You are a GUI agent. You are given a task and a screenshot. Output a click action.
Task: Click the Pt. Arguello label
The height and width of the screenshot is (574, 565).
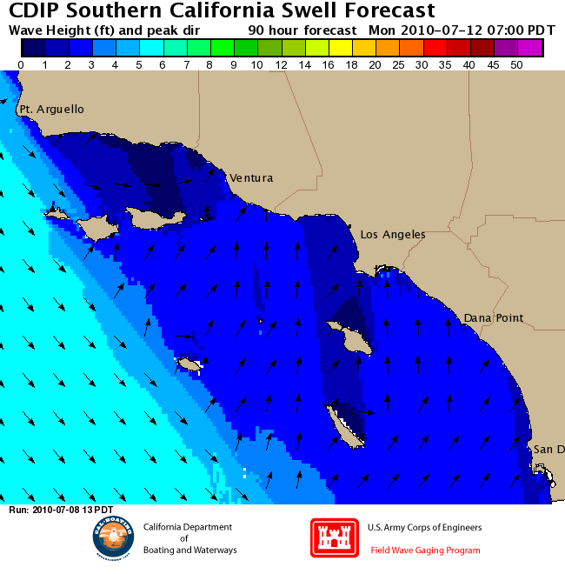coord(52,110)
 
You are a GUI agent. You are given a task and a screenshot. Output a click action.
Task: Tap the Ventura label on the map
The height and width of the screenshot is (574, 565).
coord(251,178)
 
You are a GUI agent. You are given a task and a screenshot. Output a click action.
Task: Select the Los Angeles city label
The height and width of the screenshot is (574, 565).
coord(393,235)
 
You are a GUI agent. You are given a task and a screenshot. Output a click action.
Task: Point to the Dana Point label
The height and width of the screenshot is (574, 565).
coord(493,318)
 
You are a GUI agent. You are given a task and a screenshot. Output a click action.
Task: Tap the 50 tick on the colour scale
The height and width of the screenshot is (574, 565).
coord(516,65)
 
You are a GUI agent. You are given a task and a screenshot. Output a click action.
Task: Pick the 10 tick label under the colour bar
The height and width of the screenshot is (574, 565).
coord(256,65)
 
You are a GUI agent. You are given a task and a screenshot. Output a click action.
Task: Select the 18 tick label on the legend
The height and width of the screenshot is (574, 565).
coord(351,65)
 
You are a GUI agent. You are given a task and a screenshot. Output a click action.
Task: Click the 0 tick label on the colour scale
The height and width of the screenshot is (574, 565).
coord(21,65)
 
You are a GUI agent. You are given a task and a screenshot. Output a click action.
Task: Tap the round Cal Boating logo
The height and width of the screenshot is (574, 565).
coord(114,538)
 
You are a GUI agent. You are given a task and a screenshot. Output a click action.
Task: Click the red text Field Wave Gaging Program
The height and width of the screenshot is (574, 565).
coord(425,551)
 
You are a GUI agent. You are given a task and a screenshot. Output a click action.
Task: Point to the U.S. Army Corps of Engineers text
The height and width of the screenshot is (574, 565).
coord(424,528)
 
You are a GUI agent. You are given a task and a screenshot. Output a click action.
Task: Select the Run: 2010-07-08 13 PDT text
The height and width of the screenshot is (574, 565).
coord(61,510)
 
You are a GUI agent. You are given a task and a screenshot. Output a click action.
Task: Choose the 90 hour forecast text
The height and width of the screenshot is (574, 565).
coord(302,30)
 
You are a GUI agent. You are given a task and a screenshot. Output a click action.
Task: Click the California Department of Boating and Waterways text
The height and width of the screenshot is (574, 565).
coord(188,538)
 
